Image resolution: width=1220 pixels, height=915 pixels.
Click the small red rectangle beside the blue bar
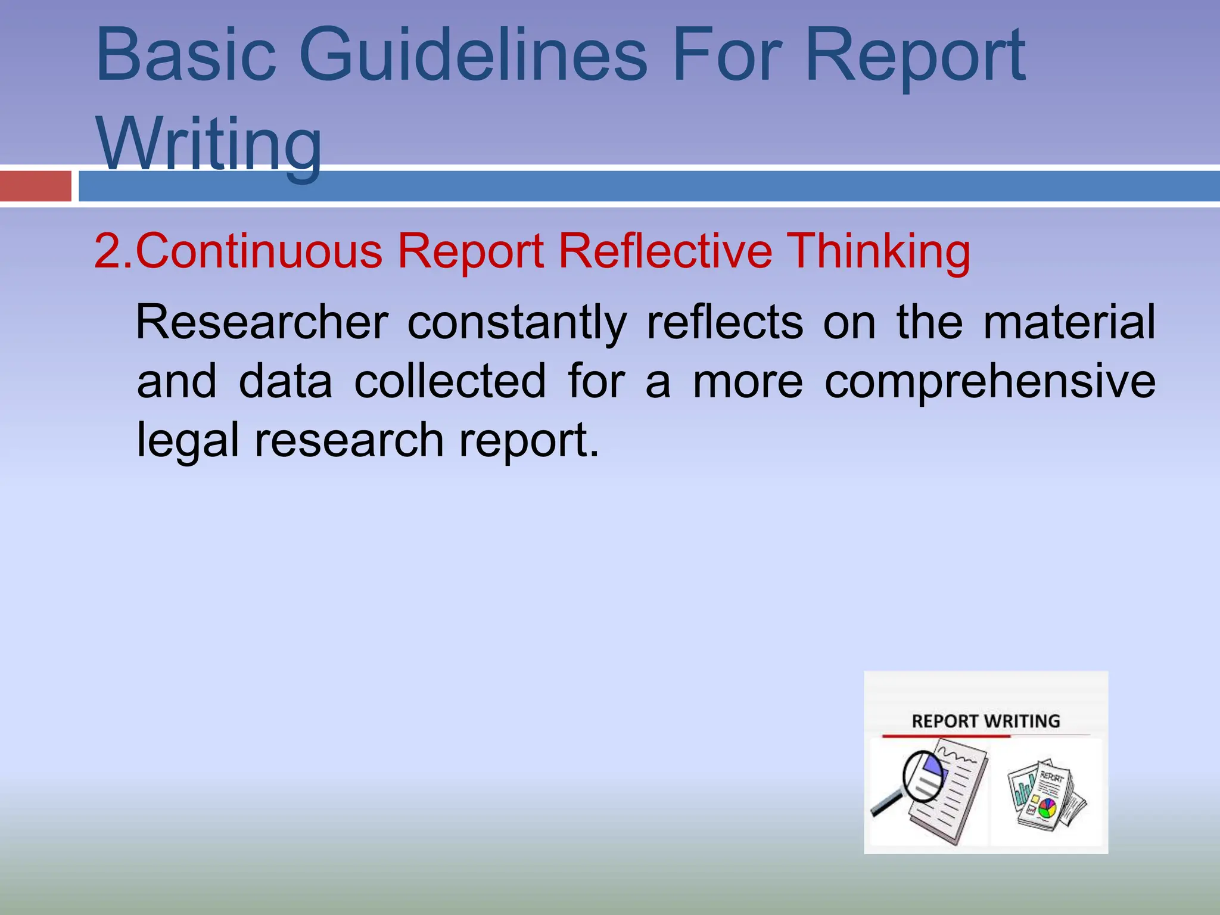point(36,186)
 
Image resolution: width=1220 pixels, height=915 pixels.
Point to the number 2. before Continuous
point(113,251)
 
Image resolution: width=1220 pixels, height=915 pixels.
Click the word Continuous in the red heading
point(259,251)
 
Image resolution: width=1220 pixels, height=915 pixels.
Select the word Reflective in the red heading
point(665,251)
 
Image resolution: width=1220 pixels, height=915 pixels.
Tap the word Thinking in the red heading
point(879,251)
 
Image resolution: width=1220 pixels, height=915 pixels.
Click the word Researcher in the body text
point(262,322)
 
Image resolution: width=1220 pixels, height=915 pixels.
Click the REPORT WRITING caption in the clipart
point(986,721)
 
